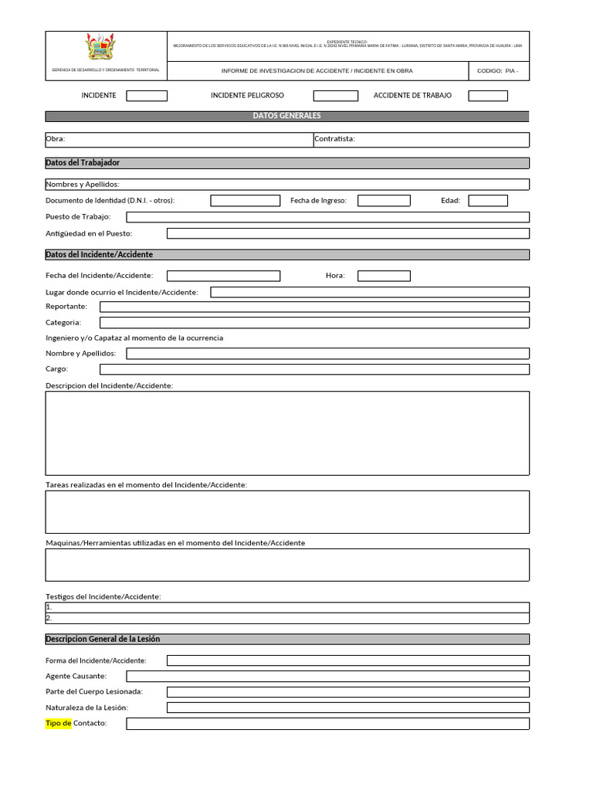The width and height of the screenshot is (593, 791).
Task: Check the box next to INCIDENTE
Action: pos(147,96)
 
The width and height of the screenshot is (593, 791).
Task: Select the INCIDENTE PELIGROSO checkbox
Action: pos(335,96)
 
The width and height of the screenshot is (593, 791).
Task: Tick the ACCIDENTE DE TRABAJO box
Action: pos(488,96)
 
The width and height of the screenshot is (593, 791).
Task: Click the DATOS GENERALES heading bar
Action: pos(287,116)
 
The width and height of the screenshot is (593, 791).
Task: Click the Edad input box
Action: pos(488,201)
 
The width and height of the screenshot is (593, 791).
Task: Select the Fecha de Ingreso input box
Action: pos(384,201)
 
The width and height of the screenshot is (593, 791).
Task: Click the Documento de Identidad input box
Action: pos(246,201)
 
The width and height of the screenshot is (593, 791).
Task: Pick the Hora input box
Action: pos(384,276)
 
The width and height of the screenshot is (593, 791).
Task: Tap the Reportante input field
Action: pos(314,307)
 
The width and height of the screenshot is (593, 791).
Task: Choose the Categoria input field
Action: pos(314,323)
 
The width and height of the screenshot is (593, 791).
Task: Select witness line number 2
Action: pos(287,618)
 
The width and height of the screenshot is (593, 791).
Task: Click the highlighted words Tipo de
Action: pos(59,723)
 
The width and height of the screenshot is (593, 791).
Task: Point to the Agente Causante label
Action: pos(76,676)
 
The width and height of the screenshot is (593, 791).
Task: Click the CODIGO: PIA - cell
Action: pos(498,71)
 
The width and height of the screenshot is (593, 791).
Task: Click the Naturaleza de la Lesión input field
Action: pos(347,708)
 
